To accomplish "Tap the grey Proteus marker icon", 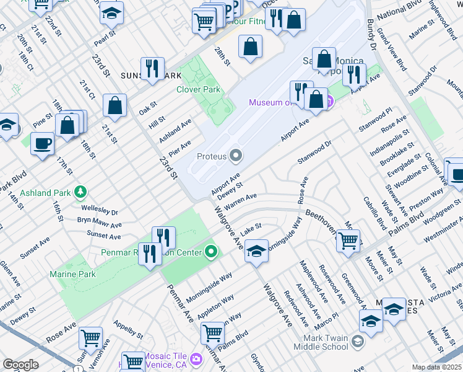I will point(236,156).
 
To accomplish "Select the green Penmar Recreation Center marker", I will point(212,252).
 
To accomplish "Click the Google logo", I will point(20,365).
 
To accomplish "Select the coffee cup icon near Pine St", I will point(42,144).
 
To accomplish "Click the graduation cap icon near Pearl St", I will point(111,13).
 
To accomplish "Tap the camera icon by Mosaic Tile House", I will point(196,358).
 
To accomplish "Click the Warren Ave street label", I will point(240,200).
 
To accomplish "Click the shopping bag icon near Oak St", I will point(115,106).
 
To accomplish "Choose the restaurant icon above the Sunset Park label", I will point(152,69).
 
